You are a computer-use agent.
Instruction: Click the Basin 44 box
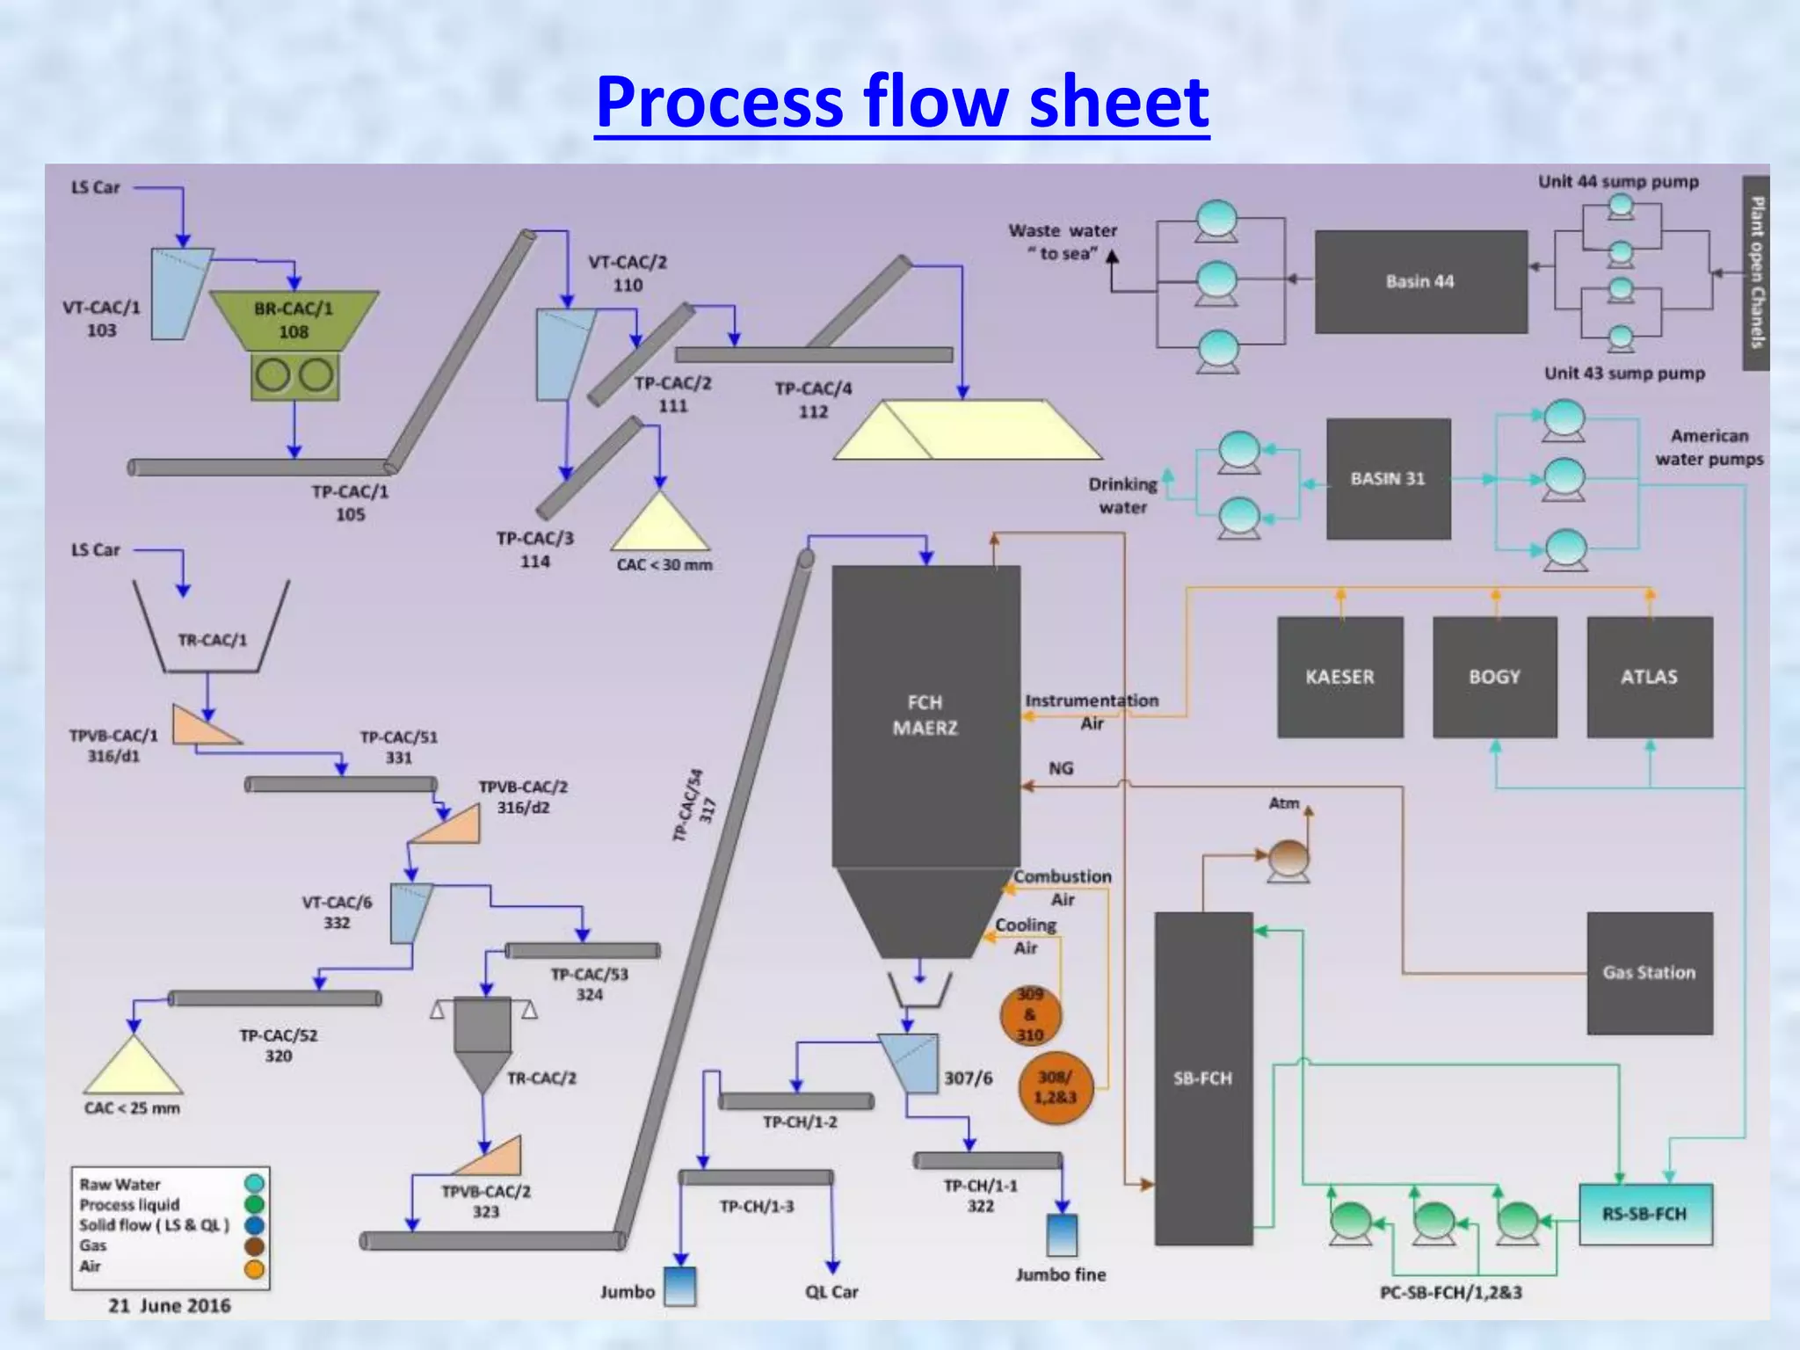click(1420, 281)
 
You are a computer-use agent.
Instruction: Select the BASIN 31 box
click(1388, 479)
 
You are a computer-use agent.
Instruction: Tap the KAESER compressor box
click(1339, 677)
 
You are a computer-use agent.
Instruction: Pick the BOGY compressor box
click(1494, 677)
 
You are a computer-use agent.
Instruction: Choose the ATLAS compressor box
click(1649, 677)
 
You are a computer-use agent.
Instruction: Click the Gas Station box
click(1649, 972)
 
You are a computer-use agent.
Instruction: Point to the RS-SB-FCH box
click(1644, 1214)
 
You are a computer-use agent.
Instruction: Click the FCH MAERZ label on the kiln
click(925, 715)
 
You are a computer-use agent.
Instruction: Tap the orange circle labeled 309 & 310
click(1030, 1015)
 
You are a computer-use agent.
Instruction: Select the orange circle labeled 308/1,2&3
click(1055, 1087)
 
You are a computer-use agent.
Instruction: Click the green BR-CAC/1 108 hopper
click(294, 319)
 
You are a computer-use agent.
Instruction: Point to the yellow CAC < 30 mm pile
click(660, 526)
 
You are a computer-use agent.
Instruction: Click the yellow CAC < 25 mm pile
click(133, 1068)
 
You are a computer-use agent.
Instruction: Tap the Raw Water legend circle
click(254, 1184)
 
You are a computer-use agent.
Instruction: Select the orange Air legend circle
click(254, 1268)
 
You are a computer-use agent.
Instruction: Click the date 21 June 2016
click(170, 1306)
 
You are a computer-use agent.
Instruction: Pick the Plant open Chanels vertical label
click(1755, 272)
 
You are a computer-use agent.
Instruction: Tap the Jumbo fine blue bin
click(1062, 1235)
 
